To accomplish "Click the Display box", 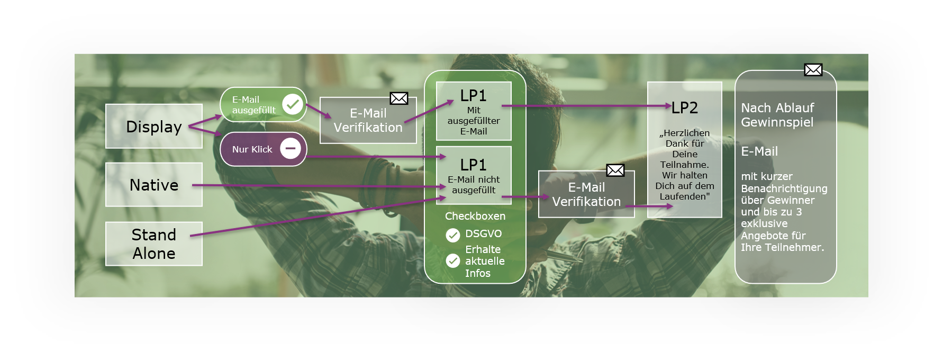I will (154, 127).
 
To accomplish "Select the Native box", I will (154, 185).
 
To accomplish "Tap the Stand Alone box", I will (154, 244).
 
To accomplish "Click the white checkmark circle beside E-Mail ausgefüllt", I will (293, 104).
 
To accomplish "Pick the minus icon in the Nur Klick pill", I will (291, 149).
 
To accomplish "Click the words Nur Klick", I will (252, 149).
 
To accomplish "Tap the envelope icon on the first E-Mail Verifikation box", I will (399, 98).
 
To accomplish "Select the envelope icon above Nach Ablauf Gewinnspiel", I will (813, 70).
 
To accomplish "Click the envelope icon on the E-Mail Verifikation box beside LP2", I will (615, 170).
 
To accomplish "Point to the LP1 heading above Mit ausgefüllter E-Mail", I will (473, 96).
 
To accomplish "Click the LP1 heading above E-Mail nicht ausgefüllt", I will (473, 165).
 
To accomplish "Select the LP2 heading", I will (685, 108).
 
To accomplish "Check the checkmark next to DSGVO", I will (453, 235).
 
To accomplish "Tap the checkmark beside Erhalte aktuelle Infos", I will (453, 260).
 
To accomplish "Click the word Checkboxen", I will (475, 216).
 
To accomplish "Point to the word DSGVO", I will (484, 233).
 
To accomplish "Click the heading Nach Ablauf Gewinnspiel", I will (777, 115).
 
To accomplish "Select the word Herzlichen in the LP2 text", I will (687, 133).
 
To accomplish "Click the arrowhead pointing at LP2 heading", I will (668, 106).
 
